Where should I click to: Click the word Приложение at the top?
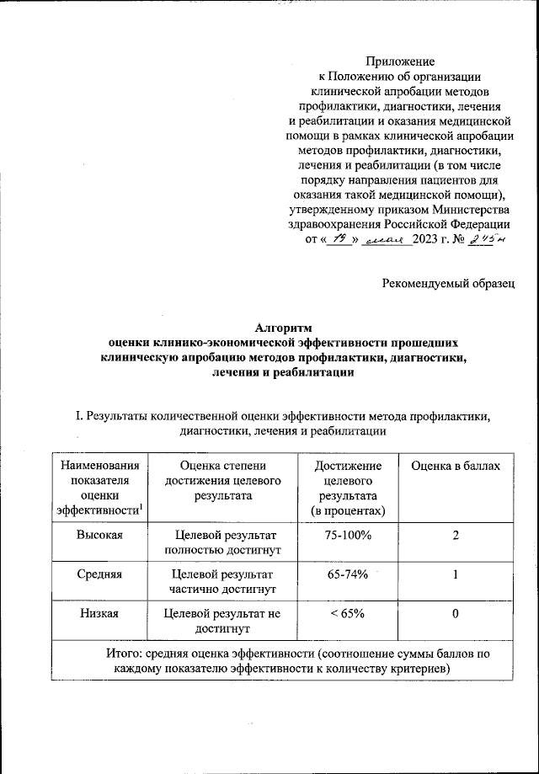pyautogui.click(x=400, y=61)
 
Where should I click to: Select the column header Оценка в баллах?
pyautogui.click(x=455, y=466)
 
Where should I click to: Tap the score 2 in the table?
pyautogui.click(x=455, y=536)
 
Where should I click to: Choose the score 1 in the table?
pyautogui.click(x=455, y=574)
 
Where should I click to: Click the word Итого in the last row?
pyautogui.click(x=124, y=653)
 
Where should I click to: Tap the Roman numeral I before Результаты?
pyautogui.click(x=78, y=416)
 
